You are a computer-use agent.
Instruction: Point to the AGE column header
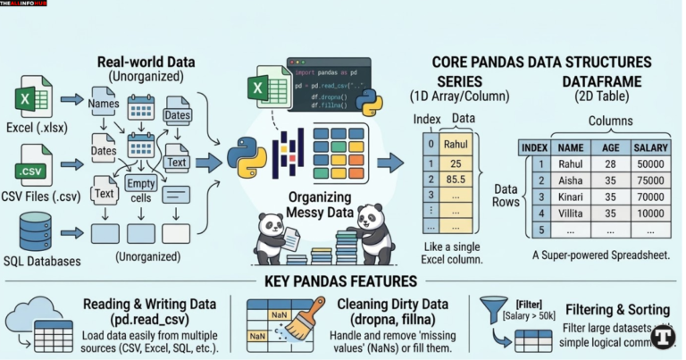pyautogui.click(x=610, y=147)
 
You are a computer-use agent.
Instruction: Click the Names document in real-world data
pyautogui.click(x=105, y=105)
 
